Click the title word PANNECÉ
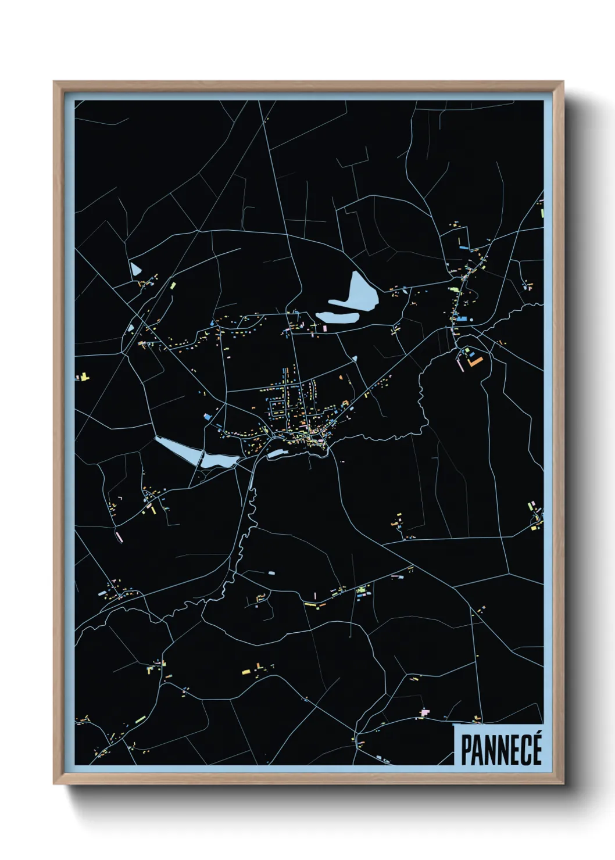[x=501, y=750]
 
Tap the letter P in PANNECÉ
[x=466, y=750]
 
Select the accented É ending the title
[x=536, y=748]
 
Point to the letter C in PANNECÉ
[x=524, y=750]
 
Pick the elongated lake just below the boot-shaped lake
[x=337, y=317]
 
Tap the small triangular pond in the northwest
[x=135, y=269]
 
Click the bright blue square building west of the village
[x=208, y=416]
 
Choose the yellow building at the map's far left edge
[x=85, y=377]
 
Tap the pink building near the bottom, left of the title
[x=424, y=712]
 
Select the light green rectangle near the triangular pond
[x=173, y=285]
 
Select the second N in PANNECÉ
[x=502, y=750]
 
